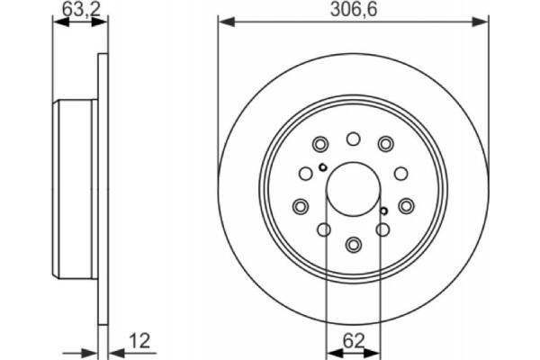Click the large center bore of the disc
click(353, 192)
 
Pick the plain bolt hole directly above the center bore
click(353, 139)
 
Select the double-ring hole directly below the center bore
click(353, 244)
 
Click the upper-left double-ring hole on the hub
click(319, 144)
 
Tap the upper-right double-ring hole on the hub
click(386, 144)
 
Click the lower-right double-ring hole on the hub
click(406, 205)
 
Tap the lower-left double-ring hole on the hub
click(300, 205)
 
